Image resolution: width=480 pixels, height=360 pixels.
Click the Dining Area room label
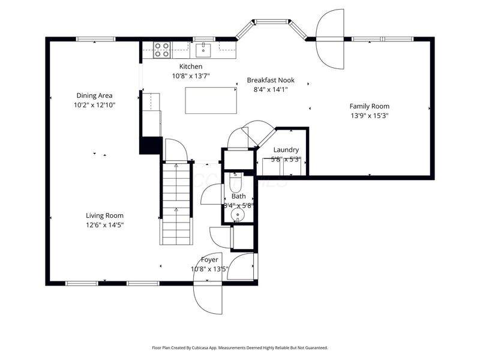click(94, 95)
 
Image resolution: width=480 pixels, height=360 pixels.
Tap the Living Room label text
click(104, 215)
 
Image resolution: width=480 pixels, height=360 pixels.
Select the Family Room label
click(370, 106)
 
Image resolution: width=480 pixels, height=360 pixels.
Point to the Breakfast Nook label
click(270, 80)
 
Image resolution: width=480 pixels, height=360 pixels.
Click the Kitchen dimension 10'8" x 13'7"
click(191, 76)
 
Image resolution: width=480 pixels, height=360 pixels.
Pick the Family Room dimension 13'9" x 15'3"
click(370, 116)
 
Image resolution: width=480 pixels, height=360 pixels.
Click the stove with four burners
click(161, 49)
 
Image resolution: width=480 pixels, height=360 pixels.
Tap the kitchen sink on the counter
click(203, 47)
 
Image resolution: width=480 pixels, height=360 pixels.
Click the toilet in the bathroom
click(236, 181)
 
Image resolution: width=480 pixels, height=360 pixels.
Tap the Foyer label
click(209, 260)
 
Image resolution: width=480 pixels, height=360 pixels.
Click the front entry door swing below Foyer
click(208, 297)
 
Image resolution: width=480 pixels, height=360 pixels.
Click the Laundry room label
click(286, 150)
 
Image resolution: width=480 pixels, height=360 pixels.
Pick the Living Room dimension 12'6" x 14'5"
click(104, 225)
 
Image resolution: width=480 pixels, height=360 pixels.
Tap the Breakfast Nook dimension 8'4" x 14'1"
click(270, 90)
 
